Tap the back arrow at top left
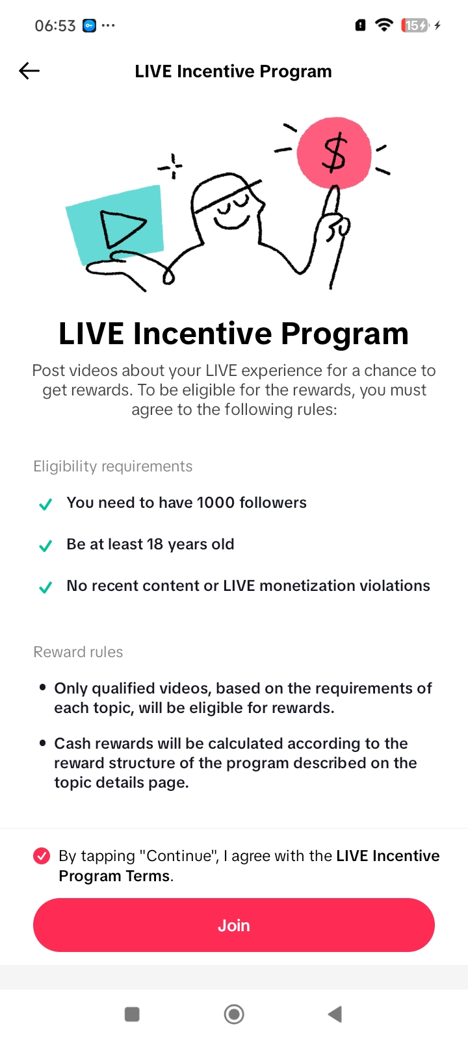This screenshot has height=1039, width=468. pos(29,71)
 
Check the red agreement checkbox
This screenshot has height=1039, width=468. pos(42,856)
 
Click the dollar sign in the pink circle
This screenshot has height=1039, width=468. pos(334,152)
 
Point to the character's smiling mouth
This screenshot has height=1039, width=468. pos(231,221)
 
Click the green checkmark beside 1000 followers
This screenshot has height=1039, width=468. pos(45,504)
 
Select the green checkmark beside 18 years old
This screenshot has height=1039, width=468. pos(45,545)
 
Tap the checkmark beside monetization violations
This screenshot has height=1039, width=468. pos(45,587)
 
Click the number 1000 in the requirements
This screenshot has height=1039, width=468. pos(215,503)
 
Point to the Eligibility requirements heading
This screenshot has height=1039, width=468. pos(113,466)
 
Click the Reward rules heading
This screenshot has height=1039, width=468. pos(78,652)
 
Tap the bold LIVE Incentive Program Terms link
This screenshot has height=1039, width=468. pos(249,866)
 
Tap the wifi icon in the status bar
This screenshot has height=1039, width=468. pos(384,25)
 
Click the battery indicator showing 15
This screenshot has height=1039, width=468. pos(415,25)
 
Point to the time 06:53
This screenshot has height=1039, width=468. pos(55,25)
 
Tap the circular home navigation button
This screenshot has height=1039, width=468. pos(234,1014)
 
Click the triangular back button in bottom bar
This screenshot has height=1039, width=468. pos(335,1014)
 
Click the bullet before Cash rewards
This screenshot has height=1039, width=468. pos(43,743)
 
